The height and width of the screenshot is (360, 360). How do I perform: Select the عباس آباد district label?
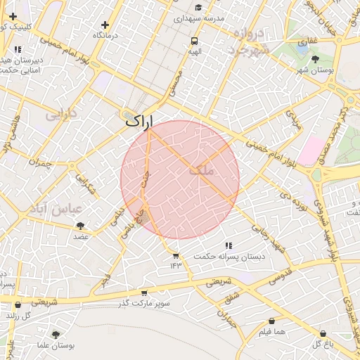pos(56,209)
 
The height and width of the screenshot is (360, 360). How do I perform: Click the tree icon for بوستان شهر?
pos(315,59)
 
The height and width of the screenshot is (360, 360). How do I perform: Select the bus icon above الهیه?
pos(194,41)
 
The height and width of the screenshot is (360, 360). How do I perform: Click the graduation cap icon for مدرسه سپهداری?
pos(198,7)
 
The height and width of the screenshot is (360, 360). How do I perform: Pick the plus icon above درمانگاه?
pos(105,25)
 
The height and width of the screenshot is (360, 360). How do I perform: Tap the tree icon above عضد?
pos(80,226)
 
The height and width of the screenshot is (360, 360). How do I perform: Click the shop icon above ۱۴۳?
pos(175,255)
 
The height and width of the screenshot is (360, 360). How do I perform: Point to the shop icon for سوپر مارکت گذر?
pos(144,292)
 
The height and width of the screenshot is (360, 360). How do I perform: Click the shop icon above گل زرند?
pos(18,305)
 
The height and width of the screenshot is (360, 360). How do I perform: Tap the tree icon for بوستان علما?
pos(56,335)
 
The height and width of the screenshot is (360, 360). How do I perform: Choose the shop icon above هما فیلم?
pos(271,321)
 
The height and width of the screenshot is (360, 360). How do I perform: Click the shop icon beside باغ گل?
pos(323,333)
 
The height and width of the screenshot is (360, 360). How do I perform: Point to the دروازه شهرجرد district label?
pos(249,41)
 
